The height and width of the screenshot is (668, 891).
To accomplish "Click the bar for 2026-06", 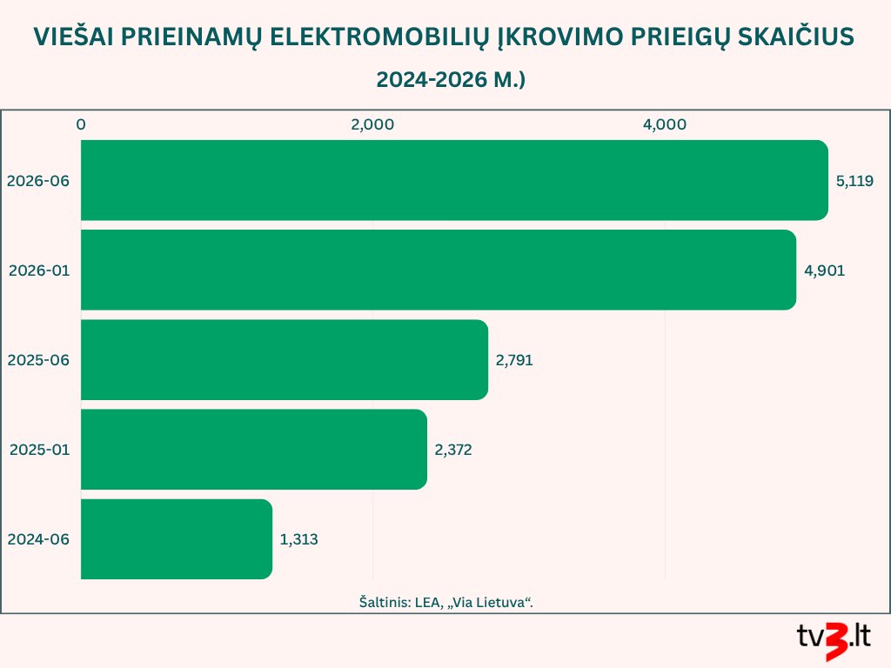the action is (454, 180).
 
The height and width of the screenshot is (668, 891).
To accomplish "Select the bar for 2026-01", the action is (439, 270).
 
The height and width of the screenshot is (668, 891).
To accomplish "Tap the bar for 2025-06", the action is (285, 359).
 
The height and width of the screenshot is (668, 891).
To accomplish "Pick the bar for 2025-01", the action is (254, 450).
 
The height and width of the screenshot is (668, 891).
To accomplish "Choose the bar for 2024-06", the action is (177, 539).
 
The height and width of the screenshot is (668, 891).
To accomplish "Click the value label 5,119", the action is (854, 181).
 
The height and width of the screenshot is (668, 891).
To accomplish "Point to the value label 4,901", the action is (825, 271).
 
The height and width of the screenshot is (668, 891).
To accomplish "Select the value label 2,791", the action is (514, 360).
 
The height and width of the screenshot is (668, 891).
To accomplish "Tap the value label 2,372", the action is (453, 450).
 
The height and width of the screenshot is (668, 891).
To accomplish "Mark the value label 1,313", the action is (299, 539).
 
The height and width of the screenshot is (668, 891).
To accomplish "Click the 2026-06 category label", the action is (38, 181).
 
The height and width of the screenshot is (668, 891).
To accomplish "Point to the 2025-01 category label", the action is (40, 450).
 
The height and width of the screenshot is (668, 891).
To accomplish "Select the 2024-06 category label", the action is (38, 539).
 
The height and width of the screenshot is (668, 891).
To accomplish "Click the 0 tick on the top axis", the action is (81, 124).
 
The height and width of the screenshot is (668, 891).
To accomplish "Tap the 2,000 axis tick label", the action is (372, 125).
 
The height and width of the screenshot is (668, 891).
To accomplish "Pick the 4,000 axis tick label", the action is (665, 125).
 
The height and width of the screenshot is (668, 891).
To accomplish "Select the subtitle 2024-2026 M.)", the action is (451, 79).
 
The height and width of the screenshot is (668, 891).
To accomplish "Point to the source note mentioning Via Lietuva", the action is (446, 602).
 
